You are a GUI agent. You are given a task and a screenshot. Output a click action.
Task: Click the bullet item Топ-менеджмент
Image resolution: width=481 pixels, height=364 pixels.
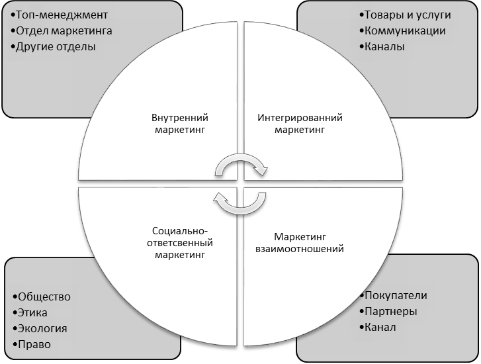tap(60, 14)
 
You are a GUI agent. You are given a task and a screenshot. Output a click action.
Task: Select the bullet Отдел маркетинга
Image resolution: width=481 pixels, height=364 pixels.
tap(63, 30)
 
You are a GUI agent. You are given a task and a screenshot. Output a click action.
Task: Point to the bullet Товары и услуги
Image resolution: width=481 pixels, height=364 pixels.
tap(406, 14)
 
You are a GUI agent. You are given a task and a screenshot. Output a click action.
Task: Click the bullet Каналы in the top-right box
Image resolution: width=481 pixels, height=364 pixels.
tap(383, 47)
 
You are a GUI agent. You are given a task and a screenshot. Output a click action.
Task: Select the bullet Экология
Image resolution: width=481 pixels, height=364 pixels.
tap(40, 328)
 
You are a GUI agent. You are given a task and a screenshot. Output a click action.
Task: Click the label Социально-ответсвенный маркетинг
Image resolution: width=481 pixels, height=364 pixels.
tap(180, 242)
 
